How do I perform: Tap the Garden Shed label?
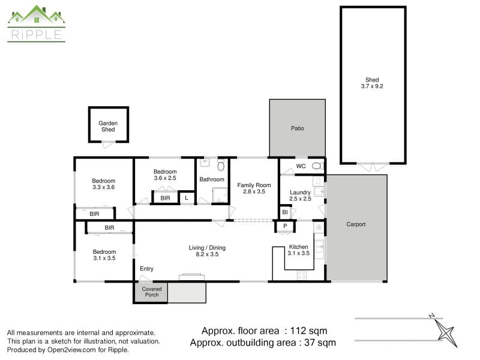[108, 126]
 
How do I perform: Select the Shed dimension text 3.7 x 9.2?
[372, 86]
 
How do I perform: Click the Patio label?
[297, 128]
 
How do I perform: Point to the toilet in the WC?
[318, 166]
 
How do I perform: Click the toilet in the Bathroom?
[221, 164]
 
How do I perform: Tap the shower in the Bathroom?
[220, 195]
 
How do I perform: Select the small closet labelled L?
[187, 198]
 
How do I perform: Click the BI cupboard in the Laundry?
[285, 212]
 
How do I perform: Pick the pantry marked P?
[285, 226]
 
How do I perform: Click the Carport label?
[356, 224]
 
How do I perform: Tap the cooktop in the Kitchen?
[302, 275]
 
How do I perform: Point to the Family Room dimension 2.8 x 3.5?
[254, 191]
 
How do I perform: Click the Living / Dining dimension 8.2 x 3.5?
[207, 254]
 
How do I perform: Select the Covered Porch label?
[152, 292]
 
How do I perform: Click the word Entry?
[146, 268]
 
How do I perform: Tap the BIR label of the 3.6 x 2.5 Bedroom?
[166, 198]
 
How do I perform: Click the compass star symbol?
[446, 332]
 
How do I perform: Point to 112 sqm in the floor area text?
[308, 331]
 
